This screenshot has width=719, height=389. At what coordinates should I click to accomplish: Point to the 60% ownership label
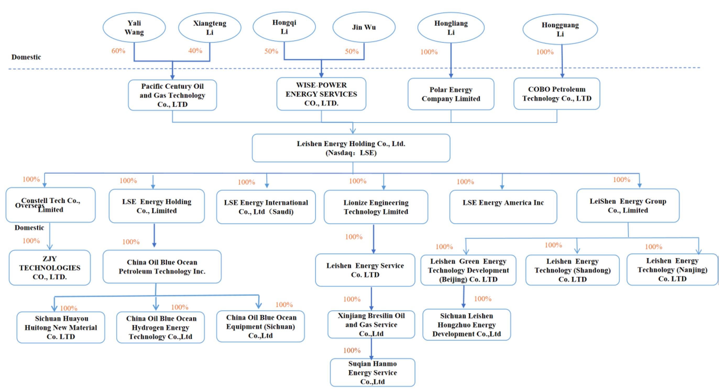coord(118,51)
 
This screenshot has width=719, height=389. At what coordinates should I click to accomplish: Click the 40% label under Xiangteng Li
coord(195,51)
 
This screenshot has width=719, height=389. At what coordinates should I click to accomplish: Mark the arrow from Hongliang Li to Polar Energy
coord(451,60)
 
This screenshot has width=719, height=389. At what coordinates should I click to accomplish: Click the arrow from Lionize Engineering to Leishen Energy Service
coord(374,239)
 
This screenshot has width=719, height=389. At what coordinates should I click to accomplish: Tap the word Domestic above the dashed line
coord(26,57)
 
